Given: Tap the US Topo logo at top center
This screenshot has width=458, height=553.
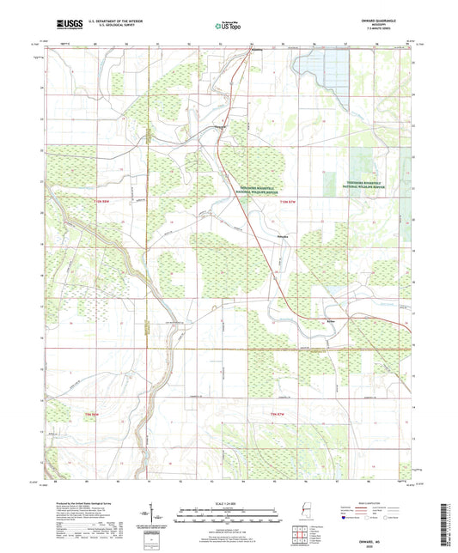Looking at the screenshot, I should pos(228,27).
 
